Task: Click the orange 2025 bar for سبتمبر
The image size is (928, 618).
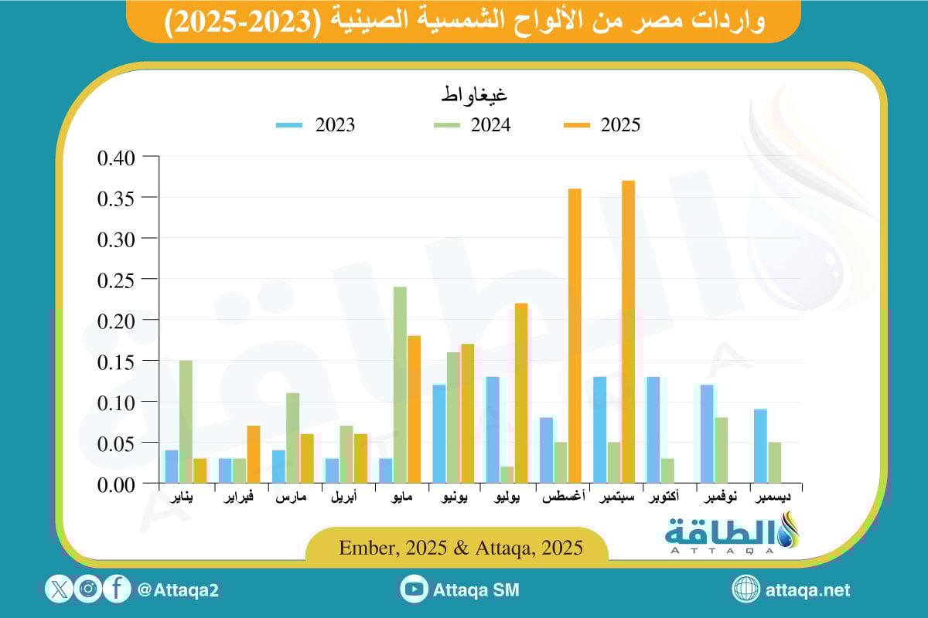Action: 628,332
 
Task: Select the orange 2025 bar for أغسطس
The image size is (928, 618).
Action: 575,336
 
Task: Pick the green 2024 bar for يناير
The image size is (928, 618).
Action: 186,422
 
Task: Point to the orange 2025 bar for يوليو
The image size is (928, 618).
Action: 521,393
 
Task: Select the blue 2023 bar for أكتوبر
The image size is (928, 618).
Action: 653,430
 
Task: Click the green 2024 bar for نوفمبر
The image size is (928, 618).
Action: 721,450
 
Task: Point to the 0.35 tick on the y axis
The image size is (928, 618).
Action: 118,198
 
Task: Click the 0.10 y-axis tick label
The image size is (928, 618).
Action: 118,402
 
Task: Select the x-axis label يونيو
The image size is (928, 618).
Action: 452,497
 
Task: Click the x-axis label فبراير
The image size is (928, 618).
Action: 238,497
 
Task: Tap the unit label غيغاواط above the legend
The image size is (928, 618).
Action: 474,97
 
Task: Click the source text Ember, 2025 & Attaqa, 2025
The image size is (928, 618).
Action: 461,547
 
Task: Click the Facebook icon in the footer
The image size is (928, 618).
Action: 116,589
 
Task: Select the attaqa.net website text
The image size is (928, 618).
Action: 807,590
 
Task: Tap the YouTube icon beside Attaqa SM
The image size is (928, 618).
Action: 415,589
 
